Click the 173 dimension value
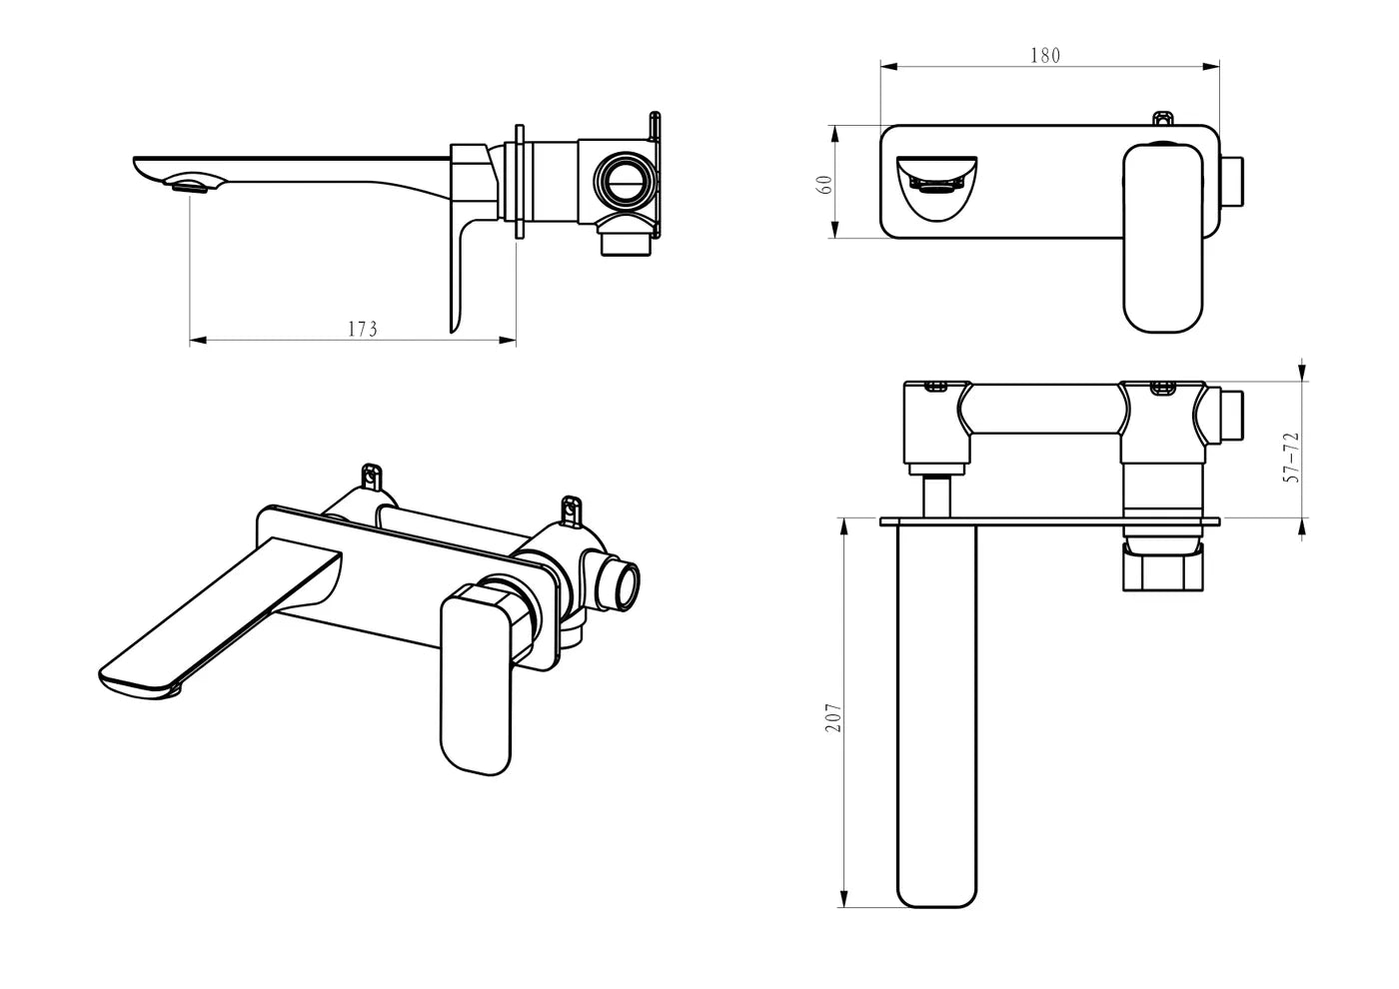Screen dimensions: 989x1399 tap(362, 329)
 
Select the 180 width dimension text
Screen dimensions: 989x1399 tap(1044, 56)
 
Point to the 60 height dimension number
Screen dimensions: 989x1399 tap(824, 184)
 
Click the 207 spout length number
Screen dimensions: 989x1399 tap(833, 717)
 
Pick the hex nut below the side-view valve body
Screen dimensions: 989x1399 tap(628, 243)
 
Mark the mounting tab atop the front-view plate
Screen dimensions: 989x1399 tap(1162, 119)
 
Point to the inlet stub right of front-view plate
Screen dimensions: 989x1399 tap(1233, 182)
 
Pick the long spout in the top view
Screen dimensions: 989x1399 tap(936, 709)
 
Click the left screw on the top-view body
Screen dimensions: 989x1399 tap(937, 386)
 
